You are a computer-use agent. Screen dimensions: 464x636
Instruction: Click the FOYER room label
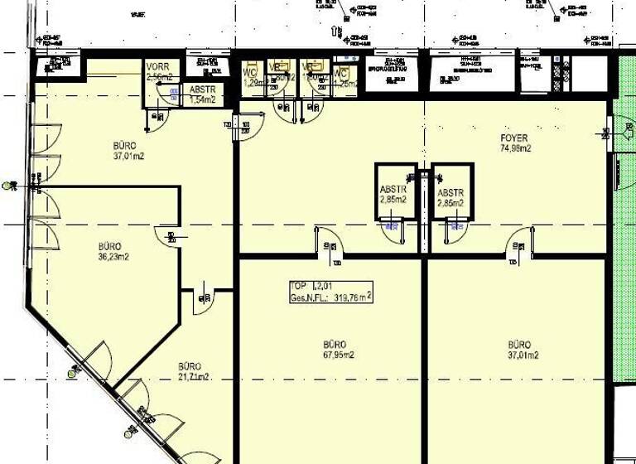tap(513, 138)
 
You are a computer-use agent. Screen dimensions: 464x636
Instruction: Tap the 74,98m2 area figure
tap(514, 149)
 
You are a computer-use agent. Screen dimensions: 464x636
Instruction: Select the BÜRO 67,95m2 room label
tap(334, 345)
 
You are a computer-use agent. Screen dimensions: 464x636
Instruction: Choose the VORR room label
tap(157, 67)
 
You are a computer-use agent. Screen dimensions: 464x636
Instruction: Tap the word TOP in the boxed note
tap(298, 286)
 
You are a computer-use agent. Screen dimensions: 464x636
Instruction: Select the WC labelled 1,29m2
tap(252, 77)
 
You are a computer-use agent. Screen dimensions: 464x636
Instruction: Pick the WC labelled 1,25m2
tap(344, 77)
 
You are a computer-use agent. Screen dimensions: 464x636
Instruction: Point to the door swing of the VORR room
tap(154, 118)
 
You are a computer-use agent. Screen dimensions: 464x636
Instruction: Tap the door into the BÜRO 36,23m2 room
tap(166, 235)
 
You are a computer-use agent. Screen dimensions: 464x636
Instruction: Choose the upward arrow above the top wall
tap(336, 31)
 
